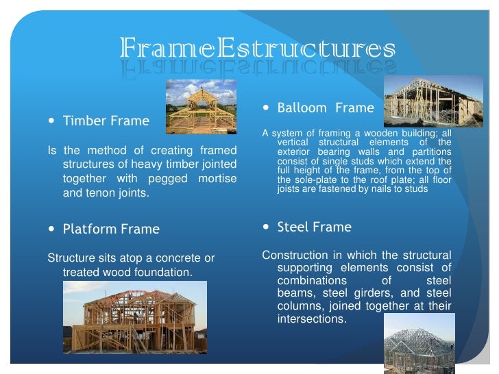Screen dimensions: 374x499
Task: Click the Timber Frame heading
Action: pos(106,121)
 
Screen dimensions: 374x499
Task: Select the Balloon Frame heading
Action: pos(326,108)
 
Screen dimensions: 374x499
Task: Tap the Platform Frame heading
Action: pos(111,229)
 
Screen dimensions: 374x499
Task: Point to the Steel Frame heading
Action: pos(314,227)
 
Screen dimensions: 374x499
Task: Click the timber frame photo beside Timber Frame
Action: pos(202,106)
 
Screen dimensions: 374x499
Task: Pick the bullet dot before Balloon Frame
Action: pos(267,108)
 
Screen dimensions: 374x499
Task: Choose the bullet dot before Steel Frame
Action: pos(267,227)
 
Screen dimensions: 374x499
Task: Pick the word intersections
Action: pos(311,320)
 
